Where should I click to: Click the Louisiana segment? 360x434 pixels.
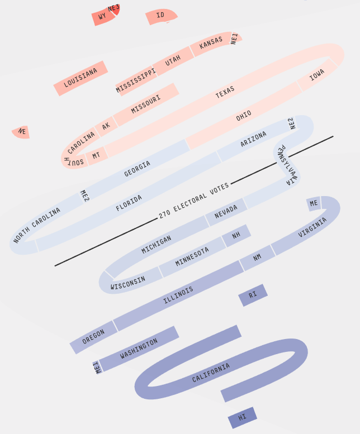(80, 78)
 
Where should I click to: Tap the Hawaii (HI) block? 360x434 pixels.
(242, 417)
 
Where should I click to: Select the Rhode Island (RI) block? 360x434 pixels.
(253, 295)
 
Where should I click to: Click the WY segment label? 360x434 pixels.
(102, 17)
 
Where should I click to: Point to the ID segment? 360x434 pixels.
(160, 16)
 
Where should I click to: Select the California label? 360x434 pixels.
(211, 373)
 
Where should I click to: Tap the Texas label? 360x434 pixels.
(225, 93)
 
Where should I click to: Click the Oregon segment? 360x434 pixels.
(93, 336)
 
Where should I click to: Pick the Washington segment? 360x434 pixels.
(139, 349)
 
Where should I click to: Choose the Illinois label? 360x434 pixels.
(178, 295)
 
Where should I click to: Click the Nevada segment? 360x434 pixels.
(226, 212)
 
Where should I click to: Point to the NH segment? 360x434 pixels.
(236, 235)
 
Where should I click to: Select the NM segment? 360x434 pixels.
(257, 257)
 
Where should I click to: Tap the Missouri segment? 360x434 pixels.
(146, 104)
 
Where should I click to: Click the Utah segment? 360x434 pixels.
(173, 60)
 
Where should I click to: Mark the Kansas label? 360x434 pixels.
(211, 42)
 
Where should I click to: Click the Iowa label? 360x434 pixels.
(317, 75)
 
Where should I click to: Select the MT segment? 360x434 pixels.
(96, 155)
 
